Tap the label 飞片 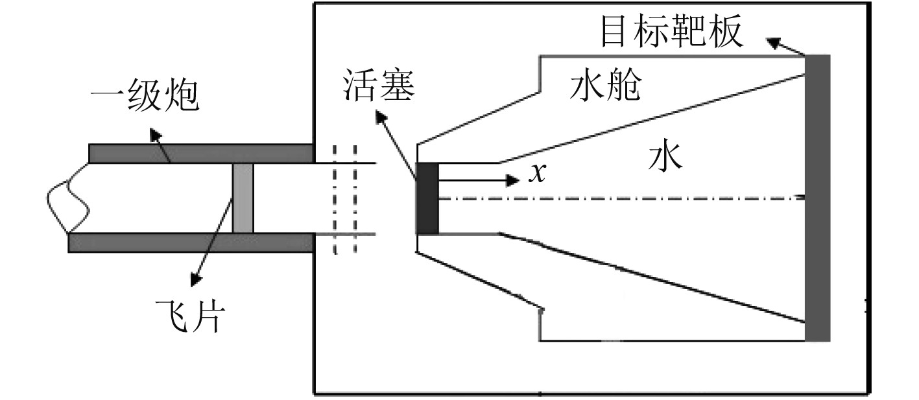[190, 316]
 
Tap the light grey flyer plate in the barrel [243, 198]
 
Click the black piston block [427, 198]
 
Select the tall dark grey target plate [817, 198]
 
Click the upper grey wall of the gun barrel [201, 154]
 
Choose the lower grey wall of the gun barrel [191, 242]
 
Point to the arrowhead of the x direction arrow [513, 180]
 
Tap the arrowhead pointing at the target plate [774, 43]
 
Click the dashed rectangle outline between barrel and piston [345, 198]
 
